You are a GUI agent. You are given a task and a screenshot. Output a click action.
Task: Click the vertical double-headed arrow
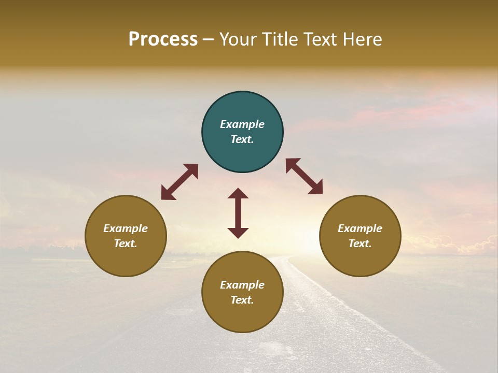click(238, 213)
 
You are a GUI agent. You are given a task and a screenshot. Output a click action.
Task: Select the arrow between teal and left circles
click(179, 182)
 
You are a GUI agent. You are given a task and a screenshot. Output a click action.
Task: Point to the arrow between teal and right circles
click(304, 176)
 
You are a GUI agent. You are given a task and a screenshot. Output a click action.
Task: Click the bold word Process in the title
click(163, 39)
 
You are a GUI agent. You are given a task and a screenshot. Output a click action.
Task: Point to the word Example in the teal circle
click(242, 124)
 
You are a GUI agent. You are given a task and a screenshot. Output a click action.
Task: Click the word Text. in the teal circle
click(242, 139)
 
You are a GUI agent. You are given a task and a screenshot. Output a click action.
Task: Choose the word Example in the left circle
click(126, 228)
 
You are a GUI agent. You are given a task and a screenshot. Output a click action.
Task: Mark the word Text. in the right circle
click(360, 243)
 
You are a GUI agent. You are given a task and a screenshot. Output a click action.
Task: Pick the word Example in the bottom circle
click(242, 285)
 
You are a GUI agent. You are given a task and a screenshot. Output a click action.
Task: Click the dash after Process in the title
click(208, 40)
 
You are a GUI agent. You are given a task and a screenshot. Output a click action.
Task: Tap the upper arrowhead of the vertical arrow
click(238, 193)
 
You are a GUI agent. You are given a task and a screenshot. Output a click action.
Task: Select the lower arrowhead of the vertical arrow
click(238, 233)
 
